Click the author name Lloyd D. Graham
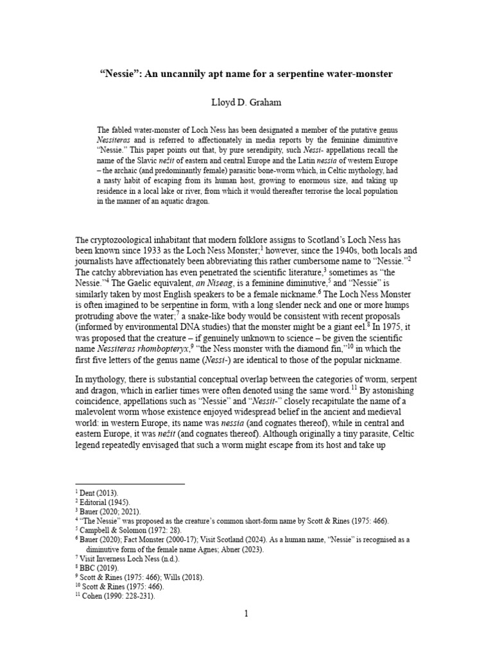click(246, 102)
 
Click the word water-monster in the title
click(356, 74)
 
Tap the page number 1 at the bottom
click(246, 614)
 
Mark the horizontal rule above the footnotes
click(130, 483)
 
